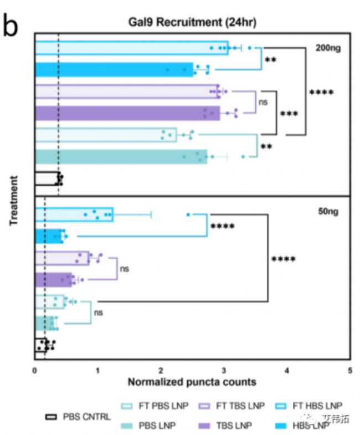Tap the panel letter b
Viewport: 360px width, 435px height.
pos(11,25)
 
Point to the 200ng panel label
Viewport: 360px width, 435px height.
pos(329,48)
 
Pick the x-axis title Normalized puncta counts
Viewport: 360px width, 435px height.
pos(192,382)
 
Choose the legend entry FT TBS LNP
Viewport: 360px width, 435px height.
pos(240,406)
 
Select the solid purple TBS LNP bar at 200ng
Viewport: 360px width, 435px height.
pos(127,113)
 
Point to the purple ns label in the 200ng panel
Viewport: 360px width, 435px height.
pos(263,103)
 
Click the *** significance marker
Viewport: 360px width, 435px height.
pos(289,114)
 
